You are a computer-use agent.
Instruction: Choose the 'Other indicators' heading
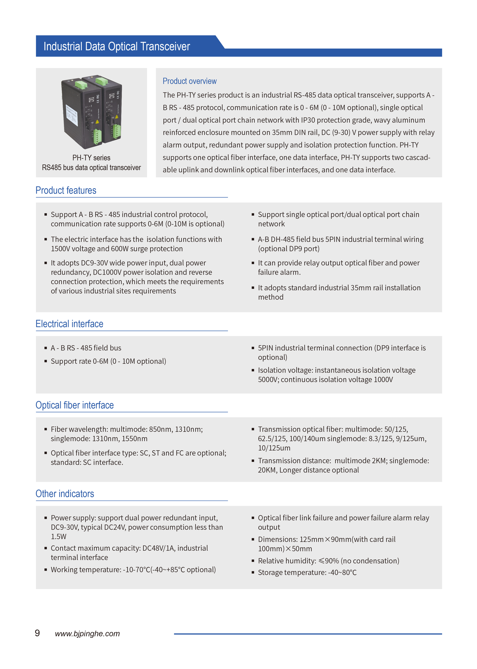(65, 494)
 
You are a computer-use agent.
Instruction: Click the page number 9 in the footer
(37, 633)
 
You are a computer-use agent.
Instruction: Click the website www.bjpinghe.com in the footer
(87, 634)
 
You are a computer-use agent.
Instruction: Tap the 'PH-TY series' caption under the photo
(91, 158)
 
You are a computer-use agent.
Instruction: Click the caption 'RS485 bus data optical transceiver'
(91, 167)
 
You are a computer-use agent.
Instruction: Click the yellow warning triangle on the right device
(117, 117)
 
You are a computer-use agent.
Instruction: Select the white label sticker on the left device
(71, 115)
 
